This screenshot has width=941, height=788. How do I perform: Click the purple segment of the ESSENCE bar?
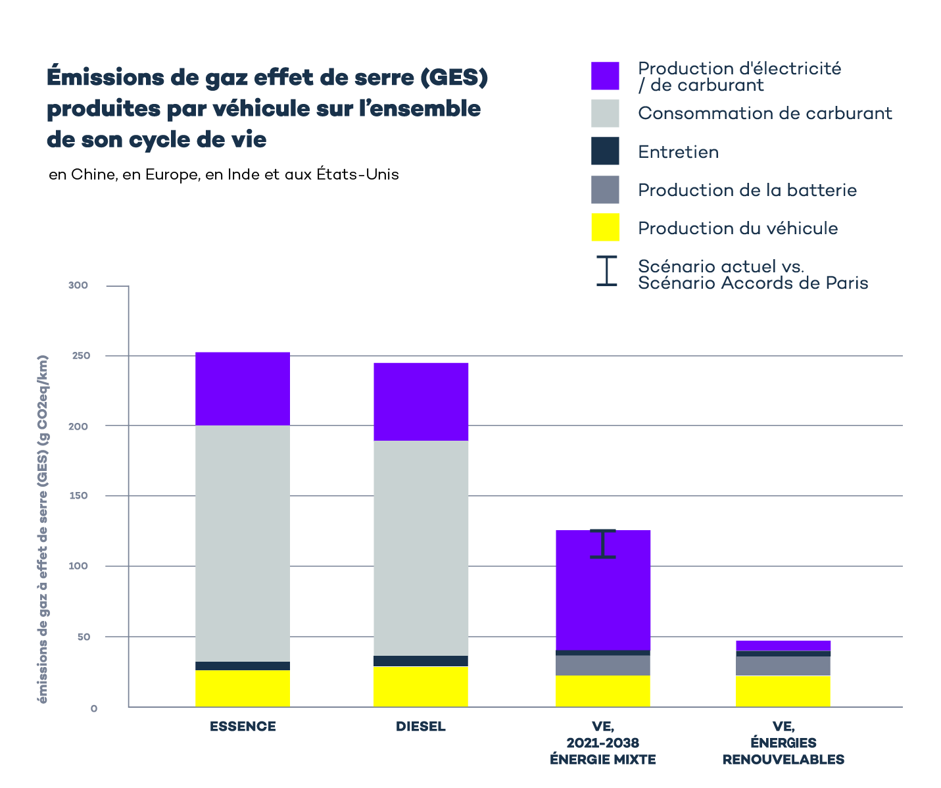pyautogui.click(x=243, y=389)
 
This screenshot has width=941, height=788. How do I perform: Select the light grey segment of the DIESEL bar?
pyautogui.click(x=421, y=547)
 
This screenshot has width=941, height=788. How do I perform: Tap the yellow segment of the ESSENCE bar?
pyautogui.click(x=243, y=688)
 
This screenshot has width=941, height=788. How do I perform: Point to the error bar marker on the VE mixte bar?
pyautogui.click(x=603, y=544)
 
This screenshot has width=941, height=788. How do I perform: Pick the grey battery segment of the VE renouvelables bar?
pyautogui.click(x=783, y=666)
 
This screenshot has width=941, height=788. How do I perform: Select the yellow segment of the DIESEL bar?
pyautogui.click(x=421, y=686)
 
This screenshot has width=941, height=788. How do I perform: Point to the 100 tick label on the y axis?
pyautogui.click(x=78, y=566)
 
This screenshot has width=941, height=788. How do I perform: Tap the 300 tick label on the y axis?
pyautogui.click(x=78, y=285)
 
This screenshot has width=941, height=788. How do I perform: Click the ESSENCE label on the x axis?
pyautogui.click(x=243, y=726)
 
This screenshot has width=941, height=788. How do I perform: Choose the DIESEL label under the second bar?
pyautogui.click(x=421, y=726)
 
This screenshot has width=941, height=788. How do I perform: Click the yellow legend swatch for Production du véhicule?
pyautogui.click(x=605, y=228)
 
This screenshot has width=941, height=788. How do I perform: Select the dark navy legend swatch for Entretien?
pyautogui.click(x=605, y=151)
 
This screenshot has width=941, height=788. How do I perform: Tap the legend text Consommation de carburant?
pyautogui.click(x=765, y=113)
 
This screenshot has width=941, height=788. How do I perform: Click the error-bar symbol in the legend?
pyautogui.click(x=606, y=271)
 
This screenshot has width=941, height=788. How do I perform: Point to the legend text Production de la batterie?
pyautogui.click(x=747, y=190)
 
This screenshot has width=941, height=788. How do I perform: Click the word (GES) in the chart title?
pyautogui.click(x=454, y=78)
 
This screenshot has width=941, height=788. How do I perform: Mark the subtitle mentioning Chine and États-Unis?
pyautogui.click(x=224, y=175)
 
